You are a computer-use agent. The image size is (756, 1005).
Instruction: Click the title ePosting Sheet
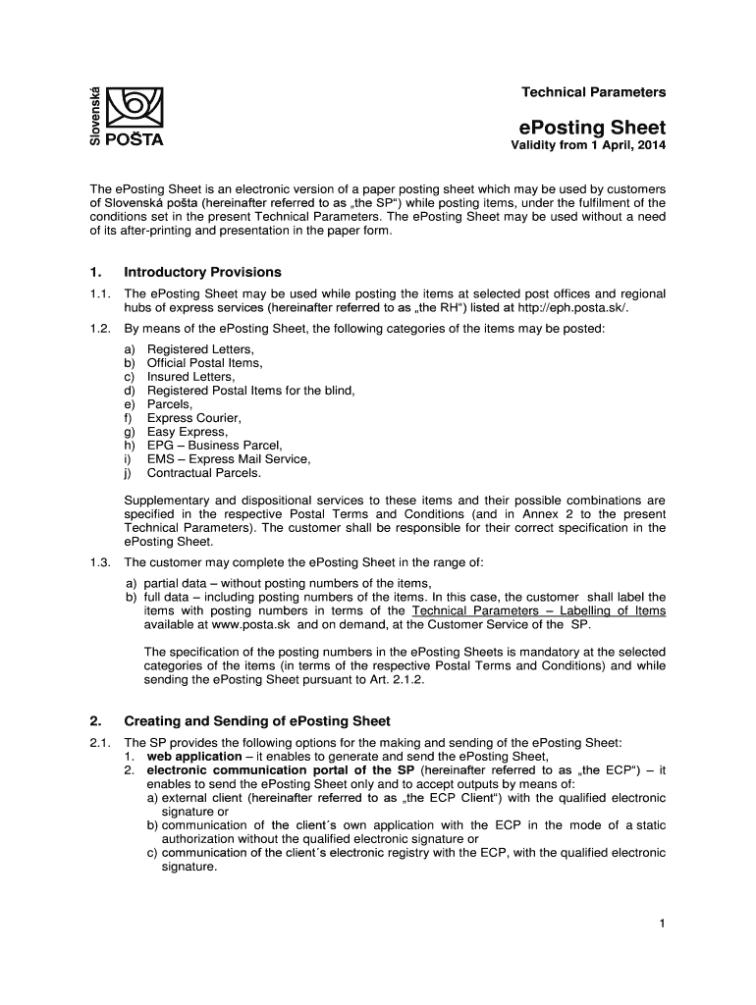(x=592, y=128)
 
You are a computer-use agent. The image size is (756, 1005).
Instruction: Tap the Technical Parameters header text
(x=593, y=92)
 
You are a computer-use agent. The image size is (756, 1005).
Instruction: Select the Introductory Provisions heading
(x=202, y=272)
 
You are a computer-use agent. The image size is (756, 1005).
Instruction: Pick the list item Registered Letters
(x=200, y=349)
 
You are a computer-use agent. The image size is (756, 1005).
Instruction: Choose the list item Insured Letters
(x=190, y=377)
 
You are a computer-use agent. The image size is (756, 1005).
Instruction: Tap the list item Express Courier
(x=193, y=418)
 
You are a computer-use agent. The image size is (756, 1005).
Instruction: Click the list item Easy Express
(x=187, y=432)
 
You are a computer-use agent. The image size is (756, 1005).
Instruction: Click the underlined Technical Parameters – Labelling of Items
(x=539, y=610)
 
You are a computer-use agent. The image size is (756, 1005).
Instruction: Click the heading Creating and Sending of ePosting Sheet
(x=257, y=721)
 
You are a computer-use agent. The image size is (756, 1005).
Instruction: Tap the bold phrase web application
(x=193, y=757)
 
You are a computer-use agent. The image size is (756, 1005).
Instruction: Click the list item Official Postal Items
(x=204, y=363)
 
